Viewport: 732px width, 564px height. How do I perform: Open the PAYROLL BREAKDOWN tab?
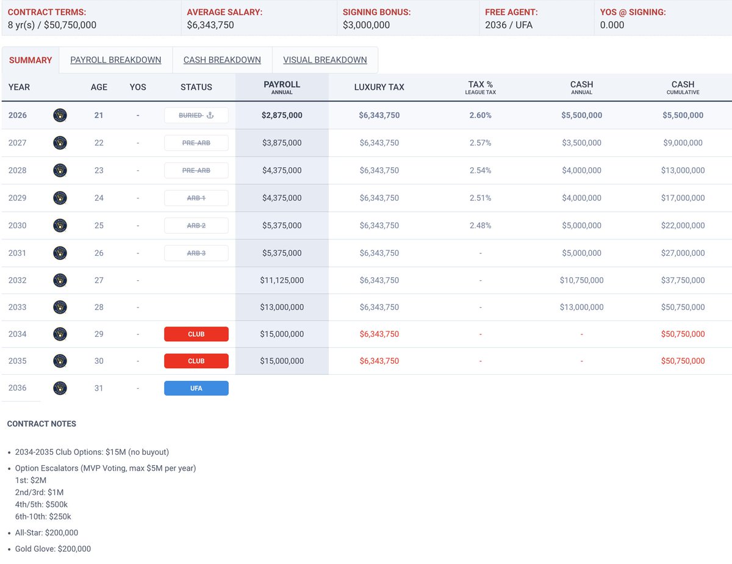click(115, 60)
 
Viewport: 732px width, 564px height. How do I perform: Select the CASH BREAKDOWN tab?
click(222, 60)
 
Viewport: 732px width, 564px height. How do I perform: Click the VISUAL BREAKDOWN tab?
click(325, 60)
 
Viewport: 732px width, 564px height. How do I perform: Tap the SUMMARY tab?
click(30, 60)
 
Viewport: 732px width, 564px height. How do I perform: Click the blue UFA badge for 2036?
click(196, 388)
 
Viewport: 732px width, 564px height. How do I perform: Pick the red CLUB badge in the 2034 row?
click(196, 334)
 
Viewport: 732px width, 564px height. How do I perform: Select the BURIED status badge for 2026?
click(196, 115)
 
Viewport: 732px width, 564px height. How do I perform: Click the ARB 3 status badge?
click(196, 253)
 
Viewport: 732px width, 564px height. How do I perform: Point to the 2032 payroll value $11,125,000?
click(282, 280)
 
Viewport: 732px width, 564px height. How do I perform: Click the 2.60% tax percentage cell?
click(480, 115)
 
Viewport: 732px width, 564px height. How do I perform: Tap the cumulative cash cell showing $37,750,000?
click(683, 280)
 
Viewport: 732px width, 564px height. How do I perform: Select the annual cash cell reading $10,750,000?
click(581, 280)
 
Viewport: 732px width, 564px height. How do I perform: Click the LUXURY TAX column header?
click(379, 87)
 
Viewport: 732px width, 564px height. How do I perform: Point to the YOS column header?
click(138, 87)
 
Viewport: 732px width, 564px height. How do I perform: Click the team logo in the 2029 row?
click(60, 198)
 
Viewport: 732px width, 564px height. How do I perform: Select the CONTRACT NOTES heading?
click(41, 424)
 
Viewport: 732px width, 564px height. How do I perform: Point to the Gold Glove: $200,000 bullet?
click(53, 549)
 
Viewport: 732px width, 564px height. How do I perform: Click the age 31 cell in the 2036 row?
click(99, 388)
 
